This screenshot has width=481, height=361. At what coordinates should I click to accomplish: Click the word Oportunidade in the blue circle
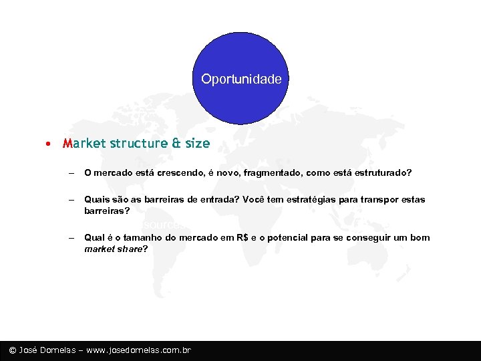point(241,79)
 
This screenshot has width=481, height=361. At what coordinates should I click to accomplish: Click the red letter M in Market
point(67,143)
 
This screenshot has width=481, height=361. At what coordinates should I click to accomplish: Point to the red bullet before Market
point(49,144)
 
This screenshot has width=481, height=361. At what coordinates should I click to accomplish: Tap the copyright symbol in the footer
point(12,350)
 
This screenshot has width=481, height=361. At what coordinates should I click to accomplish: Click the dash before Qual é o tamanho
point(70,238)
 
